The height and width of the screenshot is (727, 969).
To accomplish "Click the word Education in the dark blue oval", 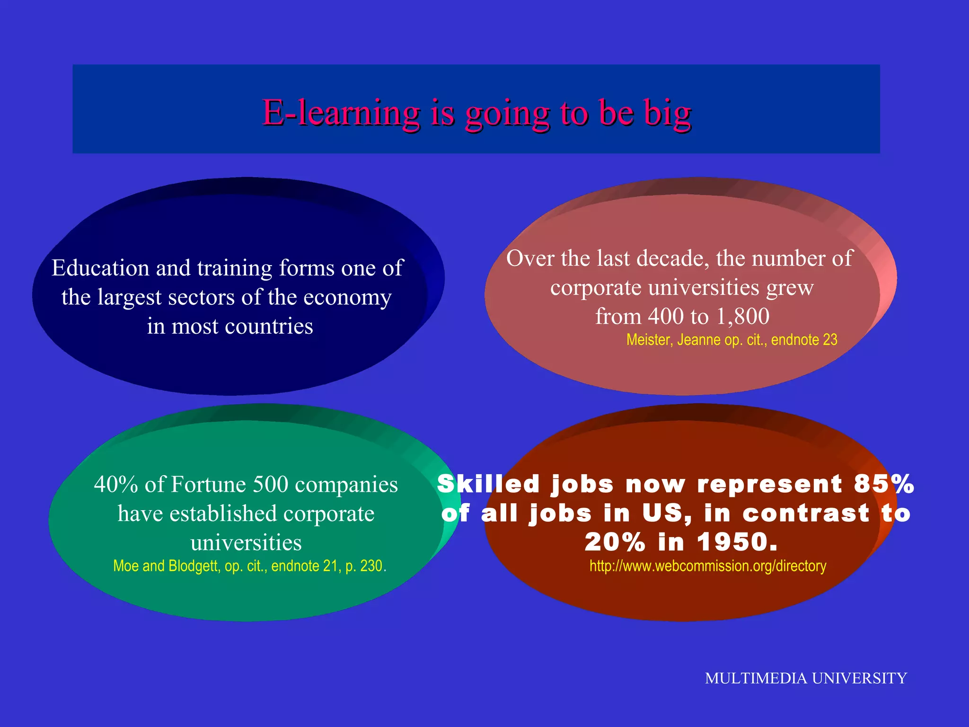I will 101,268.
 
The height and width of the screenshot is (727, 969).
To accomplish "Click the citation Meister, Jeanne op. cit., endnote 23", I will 731,340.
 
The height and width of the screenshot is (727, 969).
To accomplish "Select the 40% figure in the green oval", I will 115,484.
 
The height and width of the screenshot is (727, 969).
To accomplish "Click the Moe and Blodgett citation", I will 249,566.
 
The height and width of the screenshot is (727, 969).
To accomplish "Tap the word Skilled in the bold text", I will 488,484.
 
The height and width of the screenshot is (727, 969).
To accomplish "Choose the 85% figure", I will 884,484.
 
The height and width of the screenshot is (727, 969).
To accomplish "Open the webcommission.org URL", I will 707,566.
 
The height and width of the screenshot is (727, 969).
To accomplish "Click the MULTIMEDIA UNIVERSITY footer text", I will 806,678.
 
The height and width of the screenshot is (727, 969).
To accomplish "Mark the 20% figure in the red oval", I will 615,542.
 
